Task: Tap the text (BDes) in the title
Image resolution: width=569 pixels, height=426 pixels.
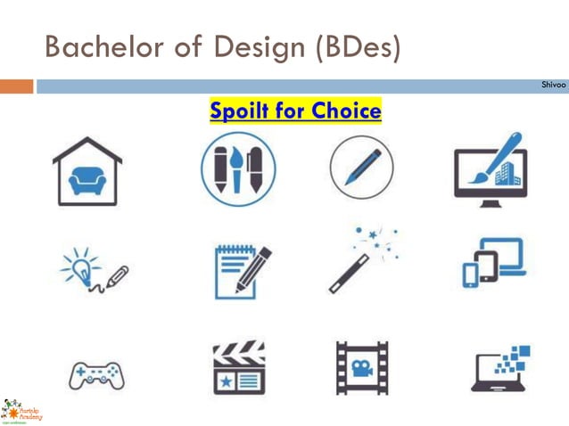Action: click(356, 46)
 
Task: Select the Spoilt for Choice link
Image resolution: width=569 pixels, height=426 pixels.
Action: click(295, 111)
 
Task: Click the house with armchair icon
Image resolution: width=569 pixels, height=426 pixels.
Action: click(87, 171)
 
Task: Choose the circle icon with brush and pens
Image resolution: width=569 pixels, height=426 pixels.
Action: click(238, 169)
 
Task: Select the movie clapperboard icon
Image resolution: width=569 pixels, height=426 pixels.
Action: click(239, 366)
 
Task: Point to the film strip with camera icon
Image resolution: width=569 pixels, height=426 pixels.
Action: click(362, 367)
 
